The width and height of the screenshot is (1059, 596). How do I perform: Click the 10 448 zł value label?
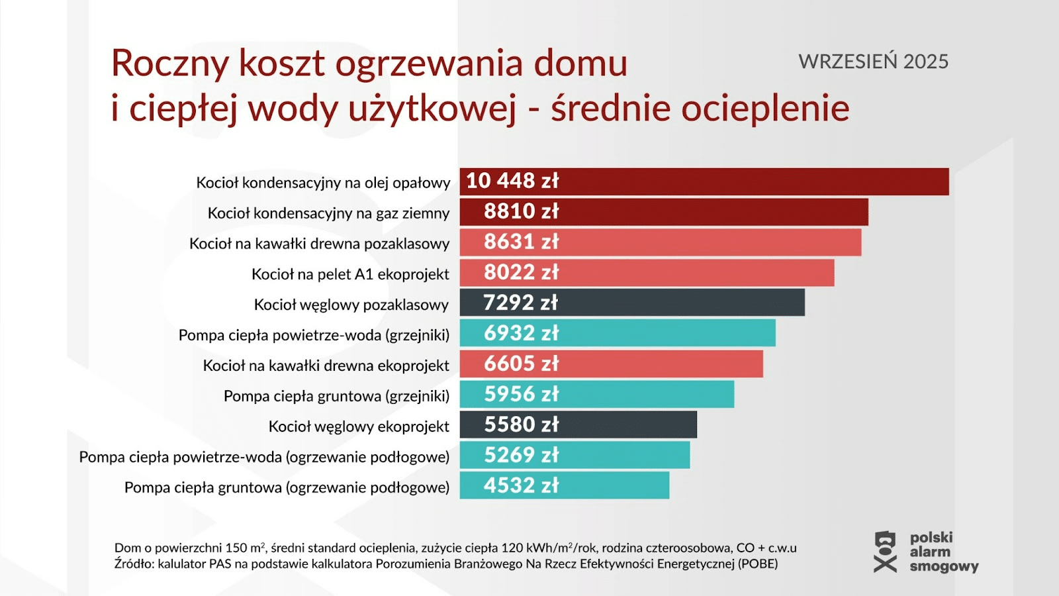tap(512, 181)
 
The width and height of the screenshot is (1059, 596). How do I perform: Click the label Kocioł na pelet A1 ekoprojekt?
tap(350, 274)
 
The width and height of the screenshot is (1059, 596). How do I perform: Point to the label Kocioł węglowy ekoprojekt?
tap(359, 426)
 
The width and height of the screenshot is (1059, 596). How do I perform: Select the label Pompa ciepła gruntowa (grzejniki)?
tap(336, 396)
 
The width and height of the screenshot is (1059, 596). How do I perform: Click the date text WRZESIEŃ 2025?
tap(873, 62)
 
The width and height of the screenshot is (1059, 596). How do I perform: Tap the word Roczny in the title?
tap(170, 64)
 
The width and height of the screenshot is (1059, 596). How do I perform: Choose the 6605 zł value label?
tap(521, 364)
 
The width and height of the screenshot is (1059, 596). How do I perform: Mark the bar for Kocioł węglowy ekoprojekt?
tap(629, 424)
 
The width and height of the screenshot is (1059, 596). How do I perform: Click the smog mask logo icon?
tap(885, 552)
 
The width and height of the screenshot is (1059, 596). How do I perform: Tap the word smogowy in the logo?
tap(944, 566)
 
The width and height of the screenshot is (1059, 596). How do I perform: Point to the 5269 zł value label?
tap(521, 455)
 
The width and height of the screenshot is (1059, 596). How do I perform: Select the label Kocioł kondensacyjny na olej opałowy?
tap(323, 183)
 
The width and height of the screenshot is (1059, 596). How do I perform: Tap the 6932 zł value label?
tap(521, 333)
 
